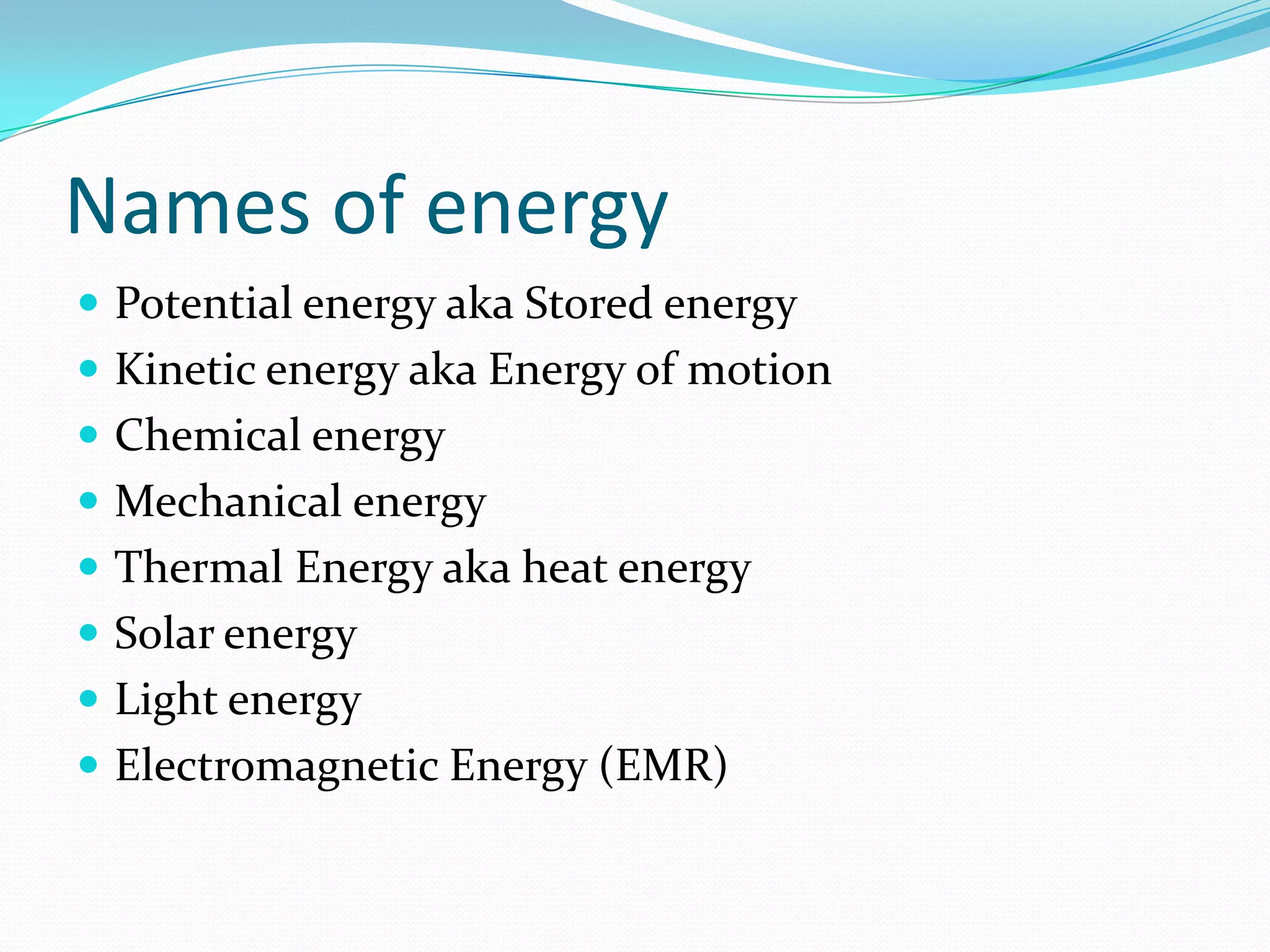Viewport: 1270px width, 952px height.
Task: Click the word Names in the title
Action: click(x=188, y=206)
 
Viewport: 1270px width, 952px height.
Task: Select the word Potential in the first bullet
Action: click(x=203, y=304)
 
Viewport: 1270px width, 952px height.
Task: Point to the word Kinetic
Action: click(x=185, y=369)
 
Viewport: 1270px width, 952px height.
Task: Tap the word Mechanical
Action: click(x=228, y=501)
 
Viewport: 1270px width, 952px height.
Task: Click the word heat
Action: click(x=564, y=567)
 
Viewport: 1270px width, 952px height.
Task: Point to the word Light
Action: click(x=166, y=700)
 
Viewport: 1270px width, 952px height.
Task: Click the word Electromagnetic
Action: click(x=277, y=765)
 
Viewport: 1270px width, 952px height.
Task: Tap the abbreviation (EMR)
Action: click(x=663, y=766)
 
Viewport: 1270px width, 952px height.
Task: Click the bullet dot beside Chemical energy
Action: click(x=89, y=434)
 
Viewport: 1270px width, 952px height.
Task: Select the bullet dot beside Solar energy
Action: click(x=89, y=633)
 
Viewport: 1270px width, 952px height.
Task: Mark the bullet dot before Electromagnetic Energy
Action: click(x=89, y=765)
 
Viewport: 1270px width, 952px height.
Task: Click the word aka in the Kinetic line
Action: click(x=442, y=370)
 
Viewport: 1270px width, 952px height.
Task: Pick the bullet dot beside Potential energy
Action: click(x=89, y=302)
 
